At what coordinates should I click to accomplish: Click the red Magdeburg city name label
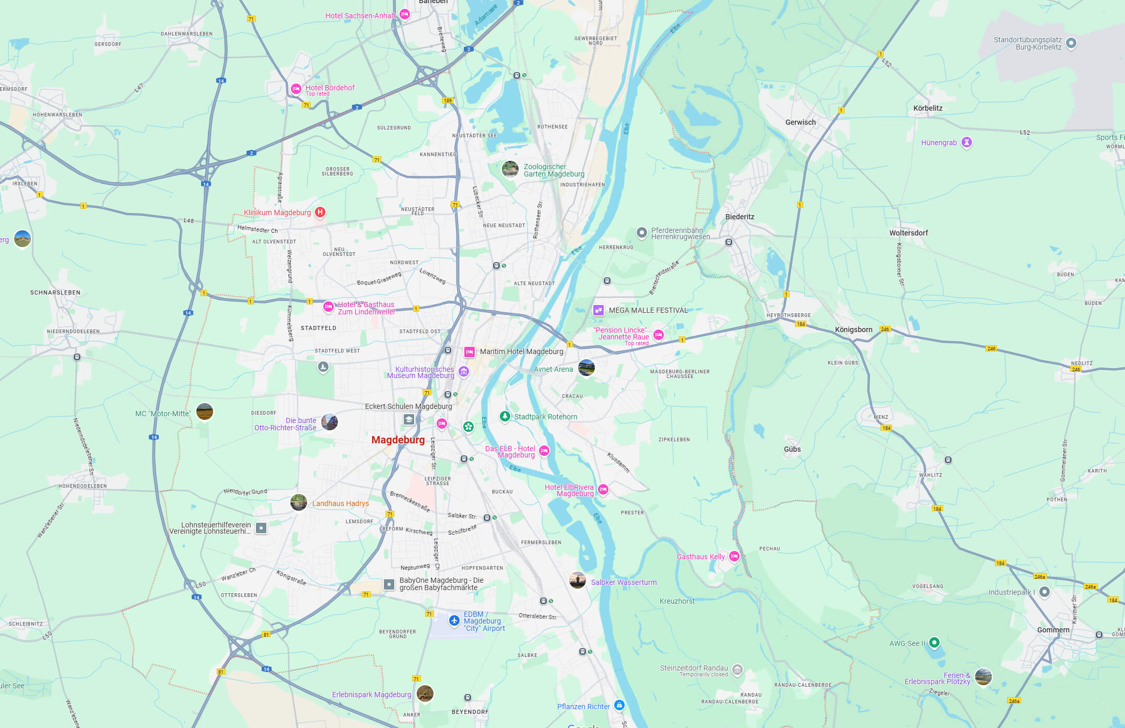pos(398,440)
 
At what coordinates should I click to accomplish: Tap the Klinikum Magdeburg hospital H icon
pos(320,212)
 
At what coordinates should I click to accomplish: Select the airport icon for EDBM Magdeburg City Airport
pos(454,620)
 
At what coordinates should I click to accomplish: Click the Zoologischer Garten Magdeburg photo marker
pos(510,169)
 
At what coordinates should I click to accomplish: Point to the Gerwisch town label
pos(800,122)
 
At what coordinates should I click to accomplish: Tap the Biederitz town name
pos(740,217)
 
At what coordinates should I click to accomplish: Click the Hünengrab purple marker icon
pos(967,142)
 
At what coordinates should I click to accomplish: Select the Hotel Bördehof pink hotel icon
pos(296,89)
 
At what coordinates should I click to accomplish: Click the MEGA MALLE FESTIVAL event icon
pos(599,310)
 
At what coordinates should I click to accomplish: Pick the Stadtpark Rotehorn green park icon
pos(505,416)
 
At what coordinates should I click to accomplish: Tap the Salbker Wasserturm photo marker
pos(577,580)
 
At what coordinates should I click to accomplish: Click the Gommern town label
pos(1053,630)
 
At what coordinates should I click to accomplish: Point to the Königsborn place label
pos(853,330)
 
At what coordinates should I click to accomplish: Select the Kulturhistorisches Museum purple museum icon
pos(463,371)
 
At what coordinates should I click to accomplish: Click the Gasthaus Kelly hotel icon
pos(734,556)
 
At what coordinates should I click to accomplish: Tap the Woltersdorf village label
pos(908,233)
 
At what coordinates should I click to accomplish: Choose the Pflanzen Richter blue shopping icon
pos(619,705)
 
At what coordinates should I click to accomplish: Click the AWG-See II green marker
pos(934,642)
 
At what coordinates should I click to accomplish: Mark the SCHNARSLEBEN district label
pos(55,292)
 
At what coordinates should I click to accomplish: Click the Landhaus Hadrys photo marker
pos(298,502)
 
